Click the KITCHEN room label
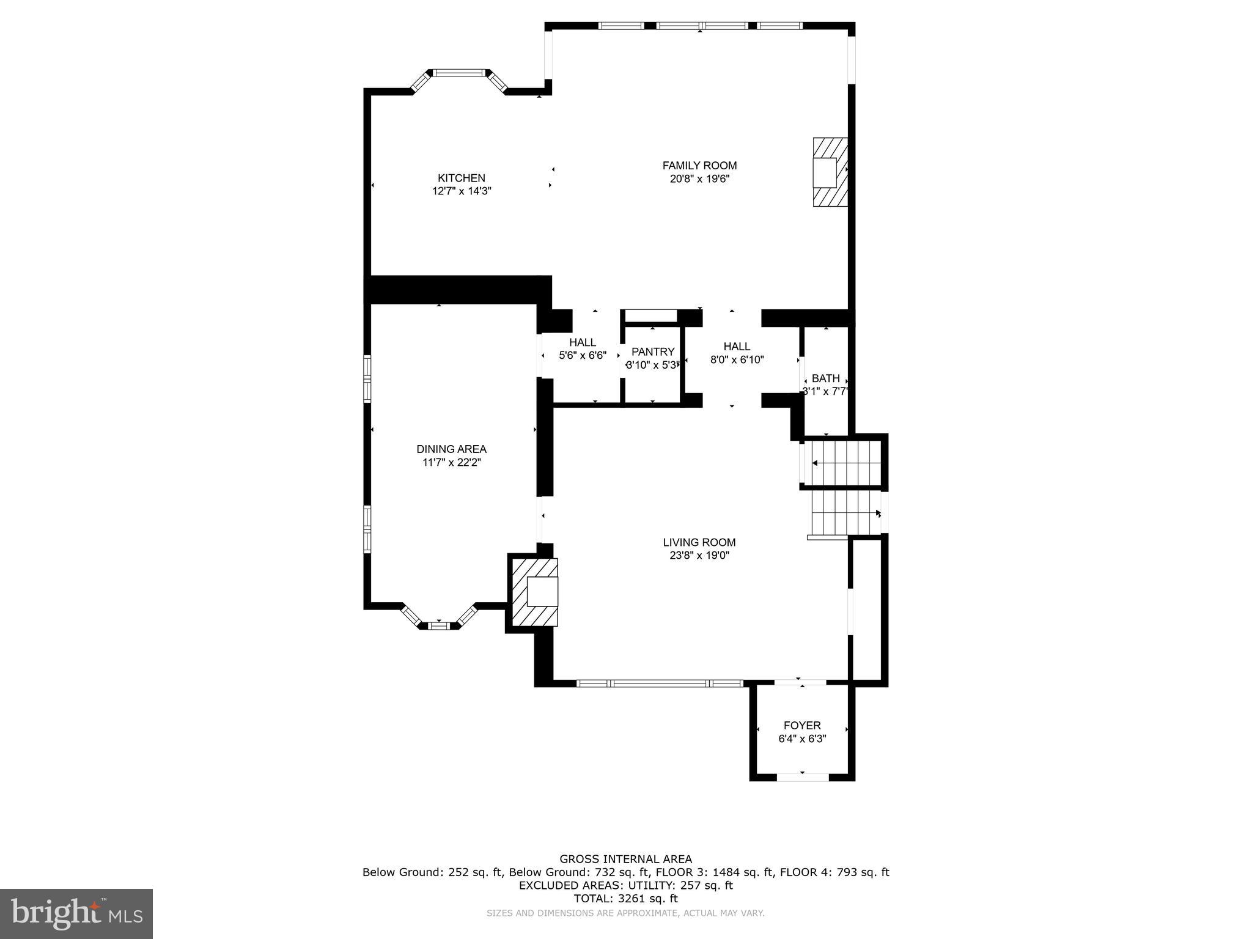tap(461, 178)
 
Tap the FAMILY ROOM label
tap(699, 165)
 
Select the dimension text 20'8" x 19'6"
tap(699, 179)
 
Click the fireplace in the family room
tap(830, 172)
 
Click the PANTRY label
tap(652, 352)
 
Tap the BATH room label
tap(825, 378)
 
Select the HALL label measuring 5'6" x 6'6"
tap(582, 342)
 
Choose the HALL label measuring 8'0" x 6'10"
tap(737, 347)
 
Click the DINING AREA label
tap(451, 449)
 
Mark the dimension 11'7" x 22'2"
tap(451, 463)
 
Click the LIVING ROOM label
tap(699, 542)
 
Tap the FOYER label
tap(802, 726)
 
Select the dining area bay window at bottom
tap(438, 625)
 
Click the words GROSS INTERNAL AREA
tap(625, 859)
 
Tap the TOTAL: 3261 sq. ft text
tap(625, 899)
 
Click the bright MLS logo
tap(76, 913)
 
